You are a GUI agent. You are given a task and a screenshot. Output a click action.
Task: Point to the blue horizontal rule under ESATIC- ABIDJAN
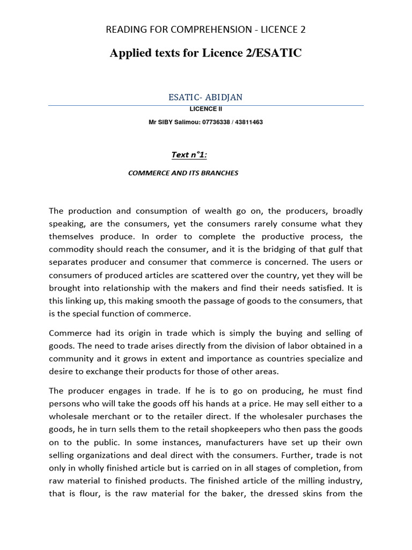click(205, 106)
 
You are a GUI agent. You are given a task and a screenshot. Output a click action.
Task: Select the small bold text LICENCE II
click(205, 109)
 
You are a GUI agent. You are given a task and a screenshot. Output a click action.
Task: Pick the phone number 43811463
click(249, 122)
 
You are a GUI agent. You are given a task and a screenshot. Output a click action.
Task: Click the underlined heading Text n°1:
click(189, 155)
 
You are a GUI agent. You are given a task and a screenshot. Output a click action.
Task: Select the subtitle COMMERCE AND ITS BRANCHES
click(183, 173)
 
